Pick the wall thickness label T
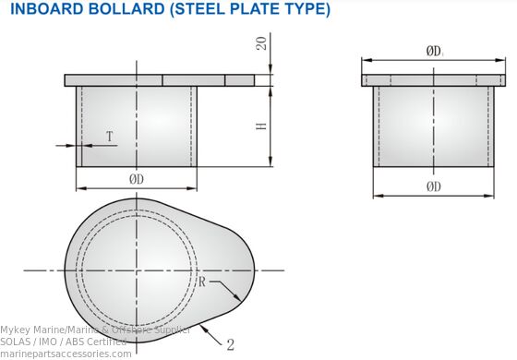[x=109, y=138]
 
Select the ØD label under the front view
[x=136, y=177]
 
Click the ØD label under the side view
[x=433, y=186]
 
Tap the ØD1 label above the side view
[x=435, y=52]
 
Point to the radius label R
[x=202, y=282]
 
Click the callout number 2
[x=230, y=345]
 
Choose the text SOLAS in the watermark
[x=17, y=342]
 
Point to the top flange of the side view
[x=433, y=80]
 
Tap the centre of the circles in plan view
[x=136, y=270]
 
